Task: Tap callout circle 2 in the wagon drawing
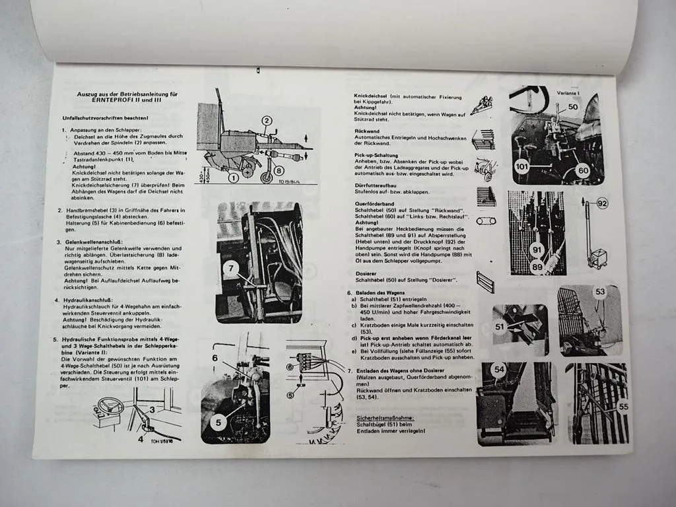pyautogui.click(x=266, y=121)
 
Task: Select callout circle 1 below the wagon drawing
pyautogui.click(x=234, y=177)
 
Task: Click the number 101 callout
pyautogui.click(x=522, y=167)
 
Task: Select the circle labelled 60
pyautogui.click(x=582, y=170)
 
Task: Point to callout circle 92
pyautogui.click(x=601, y=203)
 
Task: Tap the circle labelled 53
pyautogui.click(x=599, y=292)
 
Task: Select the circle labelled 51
pyautogui.click(x=500, y=326)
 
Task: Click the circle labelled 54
pyautogui.click(x=498, y=371)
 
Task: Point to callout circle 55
pyautogui.click(x=623, y=407)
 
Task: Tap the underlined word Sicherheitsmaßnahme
pyautogui.click(x=384, y=418)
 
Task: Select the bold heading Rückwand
pyautogui.click(x=366, y=131)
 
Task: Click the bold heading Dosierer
pyautogui.click(x=366, y=273)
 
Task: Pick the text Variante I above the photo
pyautogui.click(x=569, y=93)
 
